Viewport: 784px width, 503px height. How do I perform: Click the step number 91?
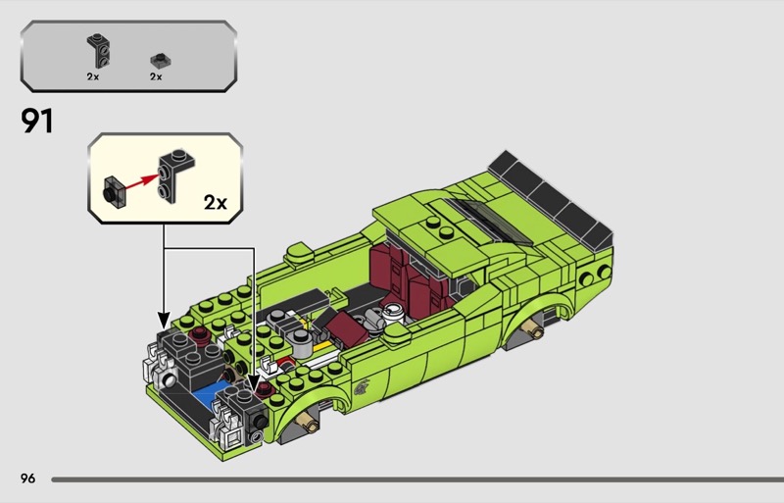point(36,122)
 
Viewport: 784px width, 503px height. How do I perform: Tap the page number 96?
point(28,478)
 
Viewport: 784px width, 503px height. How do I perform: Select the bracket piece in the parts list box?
point(99,51)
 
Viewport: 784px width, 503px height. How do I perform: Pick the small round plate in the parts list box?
point(161,61)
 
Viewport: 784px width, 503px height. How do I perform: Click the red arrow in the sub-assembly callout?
point(142,181)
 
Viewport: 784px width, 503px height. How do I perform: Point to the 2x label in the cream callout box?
point(216,202)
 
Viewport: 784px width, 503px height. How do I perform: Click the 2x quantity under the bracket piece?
point(93,76)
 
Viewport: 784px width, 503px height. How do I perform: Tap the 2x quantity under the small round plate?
point(156,76)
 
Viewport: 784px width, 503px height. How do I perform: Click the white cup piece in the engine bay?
point(394,312)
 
